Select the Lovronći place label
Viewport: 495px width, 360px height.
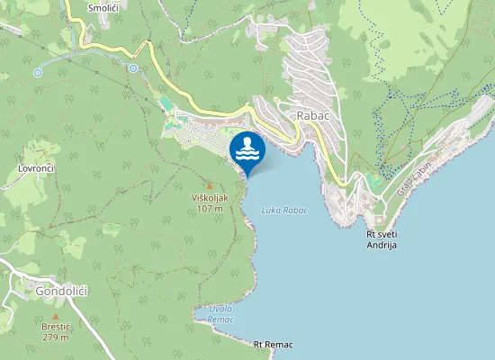coord(38,168)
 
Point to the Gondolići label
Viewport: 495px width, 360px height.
coord(60,292)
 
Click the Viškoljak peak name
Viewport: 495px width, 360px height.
coord(210,198)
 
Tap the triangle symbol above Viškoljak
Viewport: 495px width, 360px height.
coord(210,185)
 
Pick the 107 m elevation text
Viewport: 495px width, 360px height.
coord(210,209)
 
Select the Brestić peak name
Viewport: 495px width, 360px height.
coord(55,328)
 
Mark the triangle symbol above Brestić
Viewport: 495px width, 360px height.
coord(55,316)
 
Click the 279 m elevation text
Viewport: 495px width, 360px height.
coord(55,338)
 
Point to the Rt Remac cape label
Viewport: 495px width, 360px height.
coord(274,345)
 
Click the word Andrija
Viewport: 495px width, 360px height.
coord(382,245)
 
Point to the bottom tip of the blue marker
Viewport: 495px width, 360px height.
coord(247,175)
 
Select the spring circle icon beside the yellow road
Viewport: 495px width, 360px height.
coord(132,67)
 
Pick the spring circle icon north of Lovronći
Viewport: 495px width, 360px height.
coord(38,72)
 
